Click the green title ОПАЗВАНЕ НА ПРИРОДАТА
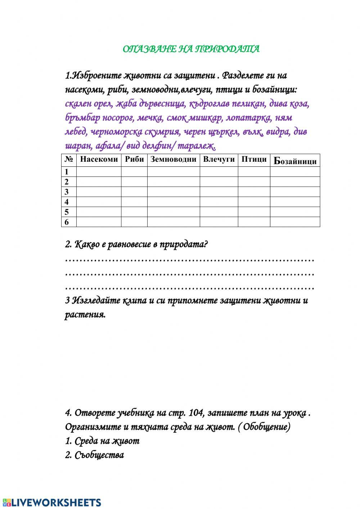191,49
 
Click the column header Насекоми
99,160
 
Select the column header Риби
134,160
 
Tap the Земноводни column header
173,160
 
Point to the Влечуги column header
219,160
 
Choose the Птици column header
254,160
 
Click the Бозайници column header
295,161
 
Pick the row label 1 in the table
67,172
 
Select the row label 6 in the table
67,222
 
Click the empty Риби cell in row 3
134,192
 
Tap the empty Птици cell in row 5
254,212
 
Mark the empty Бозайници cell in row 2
295,182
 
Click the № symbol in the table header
68,160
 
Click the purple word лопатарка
247,118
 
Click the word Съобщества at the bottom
99,455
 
